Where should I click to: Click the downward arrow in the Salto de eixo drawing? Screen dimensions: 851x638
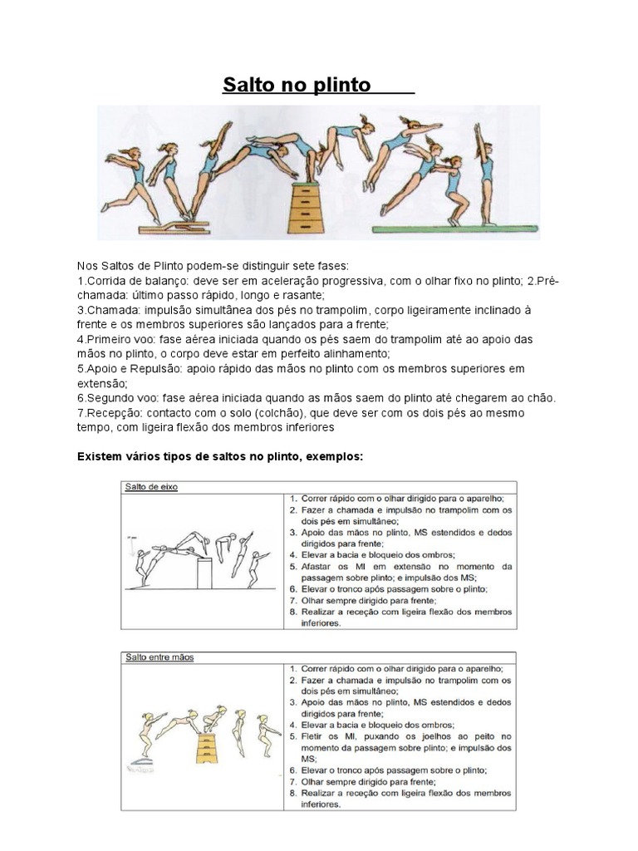(131, 545)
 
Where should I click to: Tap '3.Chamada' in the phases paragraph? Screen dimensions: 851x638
(106, 310)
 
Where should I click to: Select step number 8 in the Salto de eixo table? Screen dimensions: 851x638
(293, 611)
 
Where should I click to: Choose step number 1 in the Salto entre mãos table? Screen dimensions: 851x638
(293, 667)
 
